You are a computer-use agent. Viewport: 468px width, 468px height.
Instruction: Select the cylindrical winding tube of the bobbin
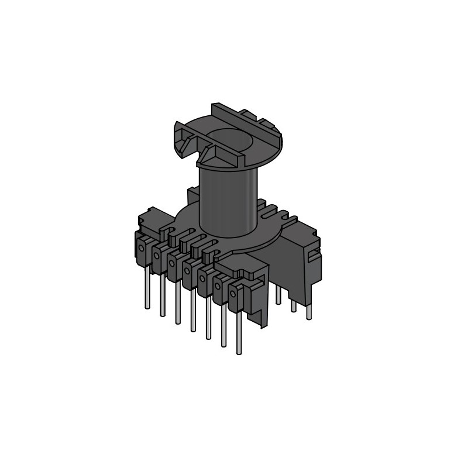pyautogui.click(x=228, y=199)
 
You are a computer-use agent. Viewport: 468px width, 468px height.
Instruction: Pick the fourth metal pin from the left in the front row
pyautogui.click(x=192, y=310)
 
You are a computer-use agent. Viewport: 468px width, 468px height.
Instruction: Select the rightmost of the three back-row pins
pyautogui.click(x=309, y=311)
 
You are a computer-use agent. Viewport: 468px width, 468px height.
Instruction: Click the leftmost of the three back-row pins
pyautogui.click(x=278, y=295)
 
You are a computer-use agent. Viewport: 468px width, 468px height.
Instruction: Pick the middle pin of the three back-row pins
pyautogui.click(x=294, y=304)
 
